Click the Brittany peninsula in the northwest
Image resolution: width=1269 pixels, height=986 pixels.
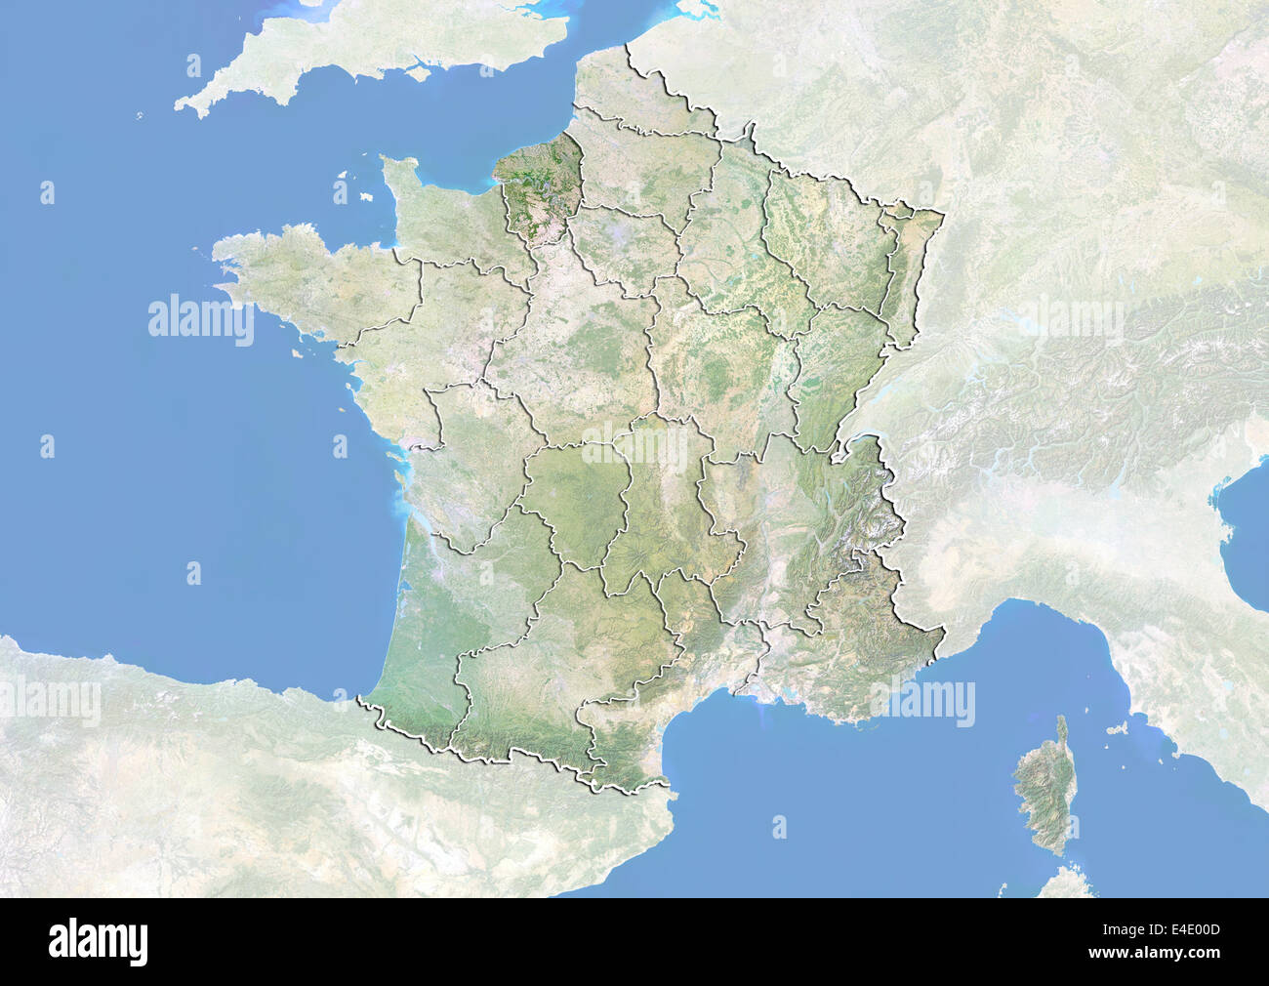tap(293, 273)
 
